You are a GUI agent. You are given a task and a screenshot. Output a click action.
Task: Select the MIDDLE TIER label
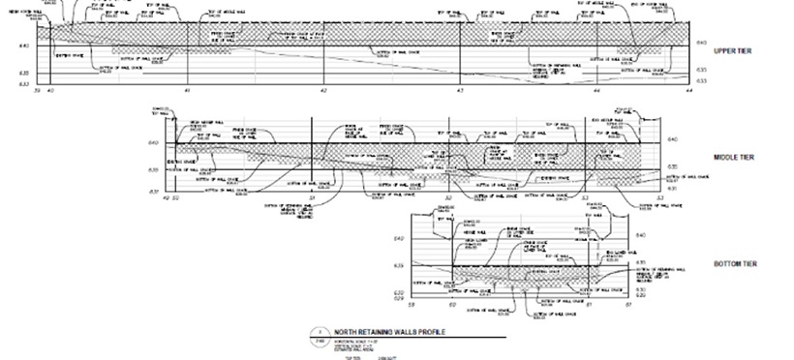(733, 158)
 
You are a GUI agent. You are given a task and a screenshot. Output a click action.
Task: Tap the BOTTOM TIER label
(734, 264)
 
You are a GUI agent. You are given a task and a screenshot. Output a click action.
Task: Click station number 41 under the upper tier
(186, 90)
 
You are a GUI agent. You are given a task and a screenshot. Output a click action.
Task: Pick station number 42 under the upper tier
(323, 90)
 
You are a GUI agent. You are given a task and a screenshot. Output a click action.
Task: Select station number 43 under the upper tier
(460, 90)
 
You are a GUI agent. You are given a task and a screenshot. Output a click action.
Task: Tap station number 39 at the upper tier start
(37, 90)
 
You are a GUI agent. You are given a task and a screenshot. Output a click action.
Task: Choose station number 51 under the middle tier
(312, 197)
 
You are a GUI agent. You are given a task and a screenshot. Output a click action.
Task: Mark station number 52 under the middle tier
(448, 197)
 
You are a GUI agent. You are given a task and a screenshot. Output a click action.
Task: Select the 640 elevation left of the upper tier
(24, 46)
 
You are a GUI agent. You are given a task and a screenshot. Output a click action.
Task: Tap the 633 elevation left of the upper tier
(24, 84)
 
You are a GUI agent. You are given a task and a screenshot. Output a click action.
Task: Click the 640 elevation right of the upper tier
(701, 44)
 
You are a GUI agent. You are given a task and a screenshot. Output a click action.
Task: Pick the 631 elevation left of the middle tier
(153, 192)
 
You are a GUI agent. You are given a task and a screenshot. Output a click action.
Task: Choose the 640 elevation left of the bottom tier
(398, 238)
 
